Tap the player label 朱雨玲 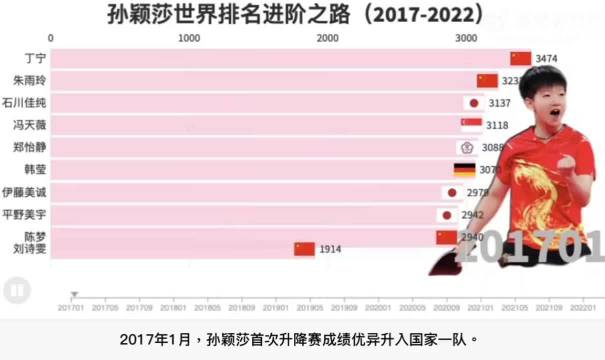pos(28,80)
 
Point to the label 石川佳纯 pos(24,102)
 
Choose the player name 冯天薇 pos(28,125)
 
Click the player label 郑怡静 pos(28,147)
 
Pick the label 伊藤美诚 pos(24,192)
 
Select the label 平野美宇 pos(24,214)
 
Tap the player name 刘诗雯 pos(28,249)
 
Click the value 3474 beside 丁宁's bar pos(546,58)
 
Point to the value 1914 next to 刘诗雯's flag pos(331,249)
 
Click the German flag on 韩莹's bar pos(464,170)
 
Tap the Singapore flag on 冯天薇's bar pos(471,125)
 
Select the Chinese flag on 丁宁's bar pos(520,58)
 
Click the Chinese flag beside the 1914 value pos(304,249)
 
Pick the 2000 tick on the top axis pos(326,37)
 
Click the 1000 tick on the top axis pos(188,37)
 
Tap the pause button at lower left pos(15,291)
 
